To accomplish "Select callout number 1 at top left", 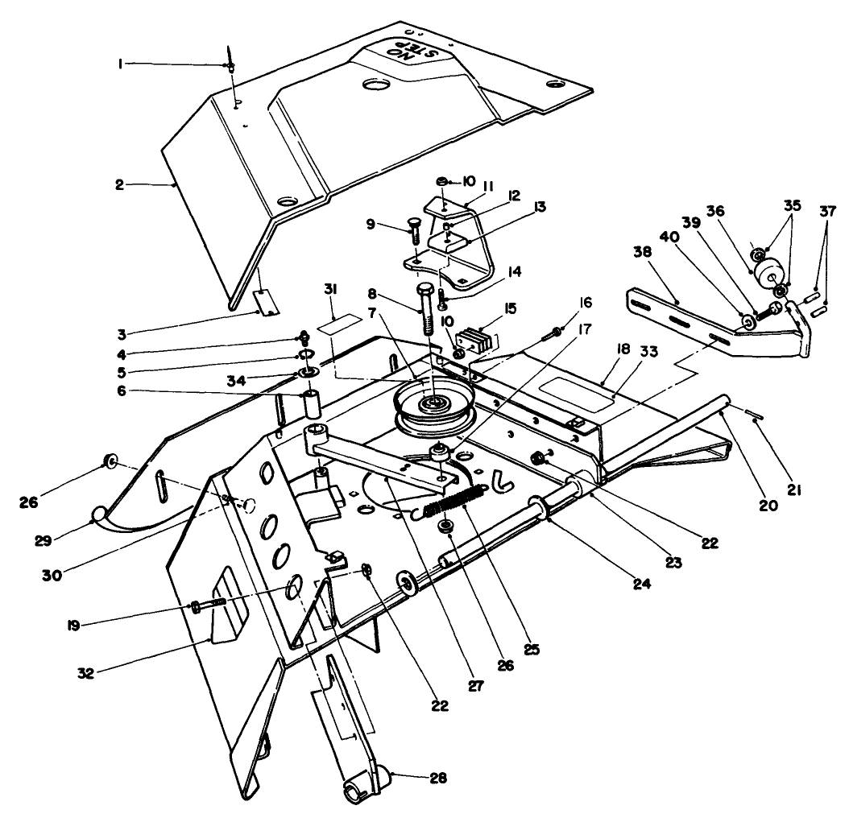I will tap(121, 64).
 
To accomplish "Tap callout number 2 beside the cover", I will tap(120, 184).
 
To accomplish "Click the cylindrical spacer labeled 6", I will tap(311, 403).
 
